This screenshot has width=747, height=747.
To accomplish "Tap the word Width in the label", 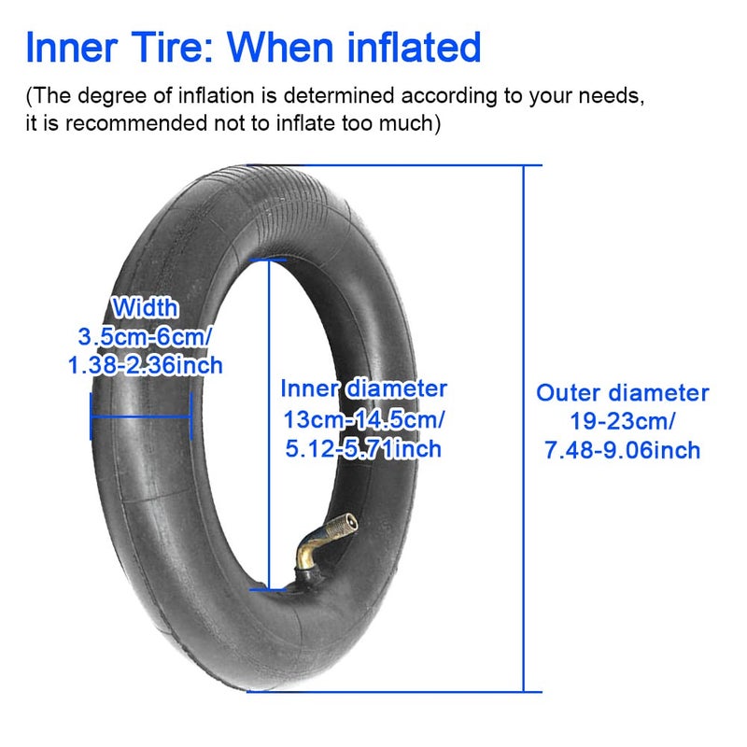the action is [x=145, y=307].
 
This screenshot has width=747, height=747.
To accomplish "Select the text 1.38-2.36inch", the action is [x=146, y=364].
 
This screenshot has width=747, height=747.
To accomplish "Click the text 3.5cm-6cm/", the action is [x=146, y=336].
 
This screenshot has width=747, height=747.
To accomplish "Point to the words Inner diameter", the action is [x=363, y=388].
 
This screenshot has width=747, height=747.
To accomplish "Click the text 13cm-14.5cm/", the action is [x=363, y=418].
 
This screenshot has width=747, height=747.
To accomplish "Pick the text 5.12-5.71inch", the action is [x=363, y=449].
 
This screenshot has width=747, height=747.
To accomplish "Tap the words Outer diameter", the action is [x=622, y=393].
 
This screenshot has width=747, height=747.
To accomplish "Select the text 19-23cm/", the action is [x=622, y=421].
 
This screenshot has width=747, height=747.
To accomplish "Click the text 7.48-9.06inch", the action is [x=622, y=451].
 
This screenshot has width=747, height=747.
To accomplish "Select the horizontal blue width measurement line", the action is [x=140, y=416].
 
